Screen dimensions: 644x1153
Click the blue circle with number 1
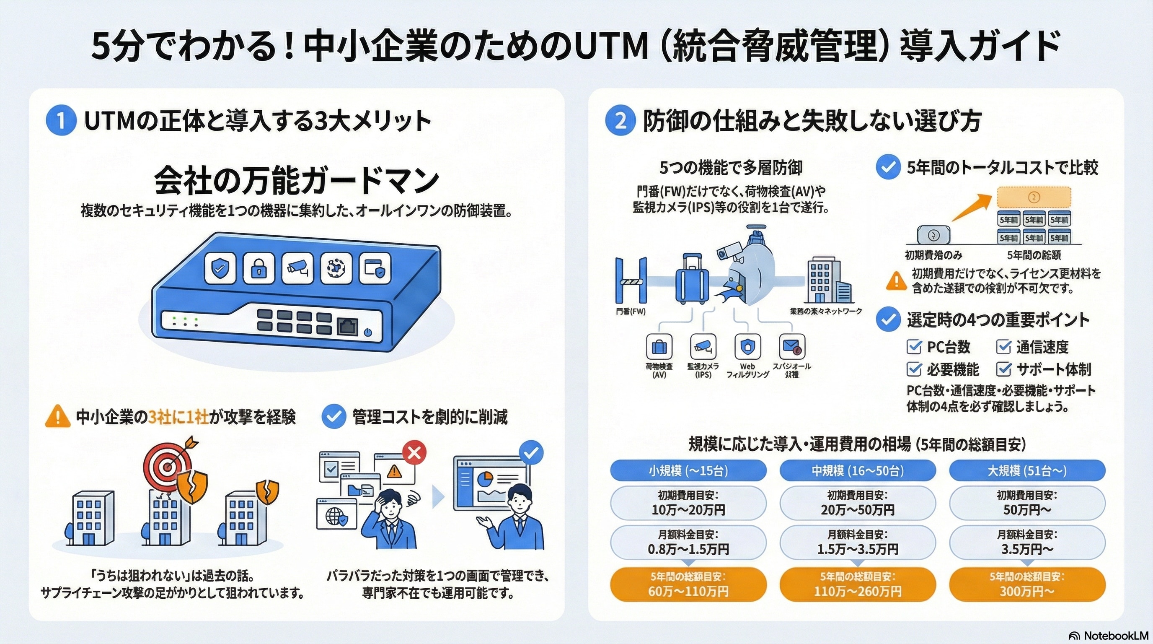(x=61, y=120)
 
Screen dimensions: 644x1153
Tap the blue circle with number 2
(x=620, y=120)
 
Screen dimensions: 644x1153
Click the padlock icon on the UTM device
(x=258, y=268)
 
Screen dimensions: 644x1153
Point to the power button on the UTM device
(x=367, y=332)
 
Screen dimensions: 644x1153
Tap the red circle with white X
(x=414, y=453)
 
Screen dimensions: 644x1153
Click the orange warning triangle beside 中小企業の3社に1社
(x=58, y=416)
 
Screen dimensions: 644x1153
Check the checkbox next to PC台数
(x=913, y=347)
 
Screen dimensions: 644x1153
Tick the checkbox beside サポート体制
(x=1003, y=369)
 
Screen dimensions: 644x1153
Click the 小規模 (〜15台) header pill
(x=688, y=471)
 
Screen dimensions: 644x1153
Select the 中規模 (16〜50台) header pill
(x=857, y=471)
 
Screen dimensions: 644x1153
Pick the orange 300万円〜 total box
(x=1027, y=584)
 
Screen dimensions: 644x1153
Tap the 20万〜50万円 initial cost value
(x=857, y=510)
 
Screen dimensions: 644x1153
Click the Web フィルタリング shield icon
(x=747, y=347)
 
